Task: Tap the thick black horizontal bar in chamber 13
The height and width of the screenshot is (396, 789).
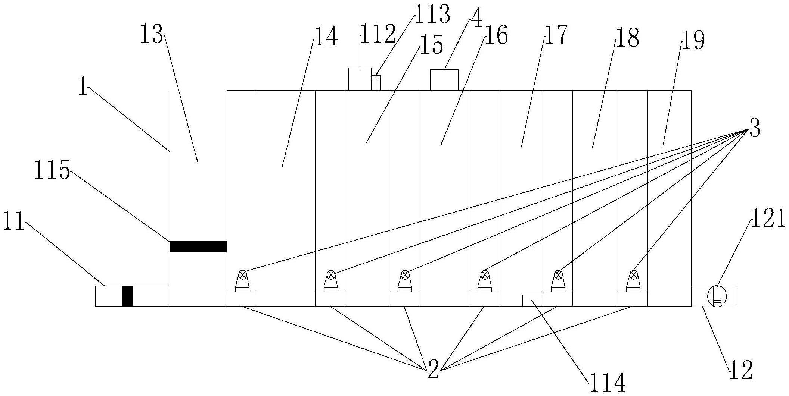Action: pyautogui.click(x=198, y=246)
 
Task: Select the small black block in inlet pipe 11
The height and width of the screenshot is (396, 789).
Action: pyautogui.click(x=128, y=296)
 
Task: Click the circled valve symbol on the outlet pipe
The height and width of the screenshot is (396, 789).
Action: pyautogui.click(x=715, y=296)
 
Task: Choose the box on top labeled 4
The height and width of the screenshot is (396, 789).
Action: pyautogui.click(x=444, y=80)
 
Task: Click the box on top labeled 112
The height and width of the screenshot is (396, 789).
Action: pyautogui.click(x=360, y=79)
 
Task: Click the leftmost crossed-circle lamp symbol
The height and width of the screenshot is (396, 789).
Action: pyautogui.click(x=243, y=275)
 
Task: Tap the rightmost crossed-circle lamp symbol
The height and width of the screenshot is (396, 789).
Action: pyautogui.click(x=633, y=275)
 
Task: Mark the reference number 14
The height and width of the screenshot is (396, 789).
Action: pyautogui.click(x=326, y=37)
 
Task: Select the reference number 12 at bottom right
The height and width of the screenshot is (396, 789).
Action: pyautogui.click(x=740, y=371)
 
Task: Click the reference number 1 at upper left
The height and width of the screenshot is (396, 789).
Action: pyautogui.click(x=83, y=87)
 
